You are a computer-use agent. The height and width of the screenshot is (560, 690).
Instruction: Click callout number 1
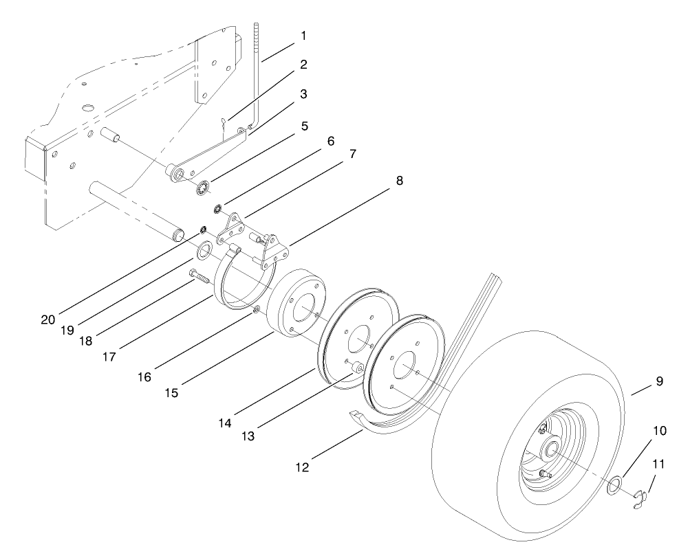[x=303, y=35]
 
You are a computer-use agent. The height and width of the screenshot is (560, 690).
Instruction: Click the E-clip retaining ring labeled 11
[x=641, y=497]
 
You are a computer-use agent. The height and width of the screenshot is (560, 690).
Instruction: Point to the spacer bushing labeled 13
[x=356, y=368]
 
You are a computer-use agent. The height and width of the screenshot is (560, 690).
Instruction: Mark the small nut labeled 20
[x=204, y=229]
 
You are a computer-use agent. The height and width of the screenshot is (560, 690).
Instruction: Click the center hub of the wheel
[x=550, y=450]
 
